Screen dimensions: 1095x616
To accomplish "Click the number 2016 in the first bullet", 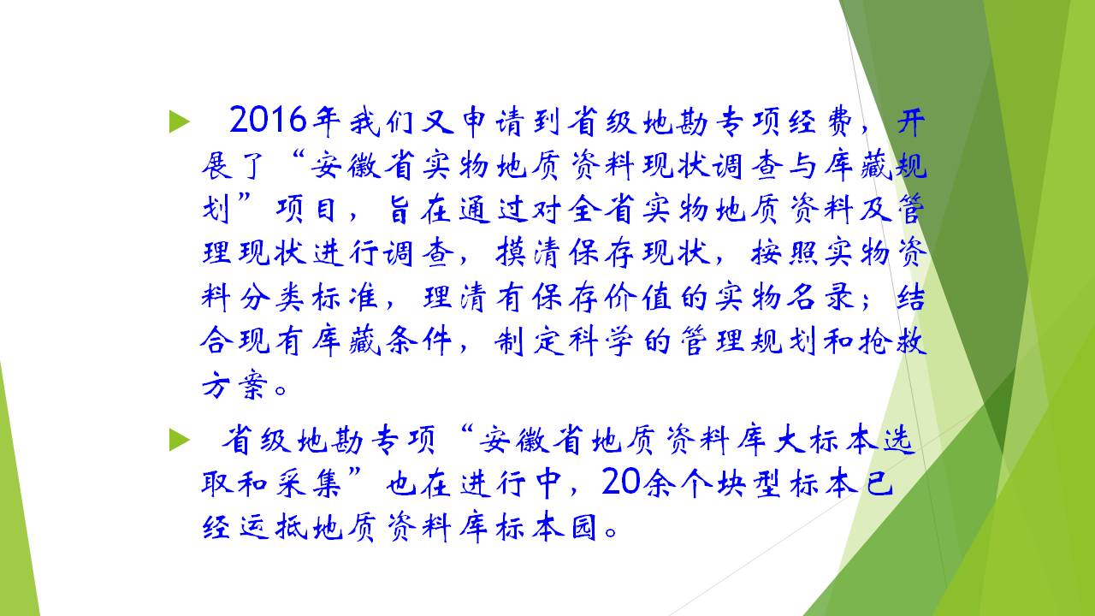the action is (x=268, y=121).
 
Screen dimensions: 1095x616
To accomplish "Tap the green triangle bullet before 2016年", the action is (x=180, y=121).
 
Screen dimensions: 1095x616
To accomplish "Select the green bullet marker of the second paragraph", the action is (x=180, y=440).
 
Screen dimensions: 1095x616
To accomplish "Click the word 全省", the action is (x=602, y=210).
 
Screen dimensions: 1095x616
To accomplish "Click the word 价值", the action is (x=638, y=297).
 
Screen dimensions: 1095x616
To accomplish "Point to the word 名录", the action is (x=821, y=297).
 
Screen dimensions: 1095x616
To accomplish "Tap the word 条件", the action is (x=418, y=341).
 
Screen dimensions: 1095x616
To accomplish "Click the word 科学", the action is (x=601, y=341).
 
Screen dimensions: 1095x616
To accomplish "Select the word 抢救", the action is (x=892, y=341).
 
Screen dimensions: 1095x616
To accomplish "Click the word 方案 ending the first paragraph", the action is (x=235, y=385).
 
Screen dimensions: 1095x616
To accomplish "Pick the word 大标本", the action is (x=826, y=440).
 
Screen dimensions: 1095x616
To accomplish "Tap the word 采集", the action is (x=309, y=484).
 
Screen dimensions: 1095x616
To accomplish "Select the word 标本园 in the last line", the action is (x=547, y=528).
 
